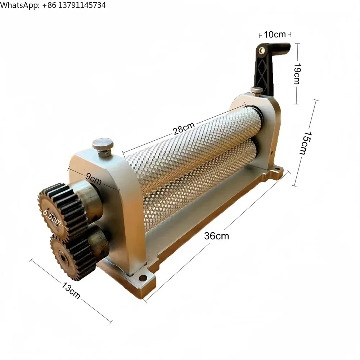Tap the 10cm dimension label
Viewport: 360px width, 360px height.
click(275, 35)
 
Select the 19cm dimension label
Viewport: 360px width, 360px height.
click(296, 73)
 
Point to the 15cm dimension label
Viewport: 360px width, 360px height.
click(305, 143)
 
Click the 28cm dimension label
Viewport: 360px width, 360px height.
click(184, 129)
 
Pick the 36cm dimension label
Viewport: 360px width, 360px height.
click(216, 236)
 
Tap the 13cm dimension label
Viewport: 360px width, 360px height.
click(71, 291)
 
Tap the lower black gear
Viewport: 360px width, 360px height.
click(70, 256)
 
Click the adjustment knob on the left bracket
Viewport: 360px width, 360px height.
click(103, 144)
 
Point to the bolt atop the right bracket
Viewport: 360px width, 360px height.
click(256, 90)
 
